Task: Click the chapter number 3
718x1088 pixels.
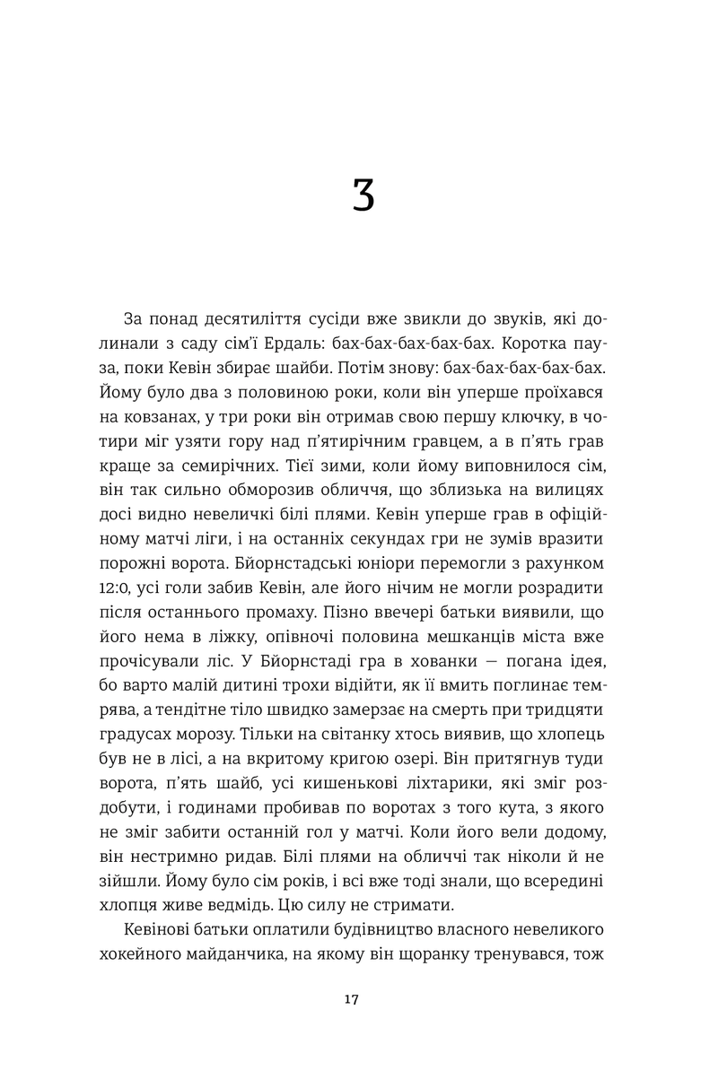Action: (363, 195)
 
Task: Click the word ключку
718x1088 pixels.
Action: (506, 417)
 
